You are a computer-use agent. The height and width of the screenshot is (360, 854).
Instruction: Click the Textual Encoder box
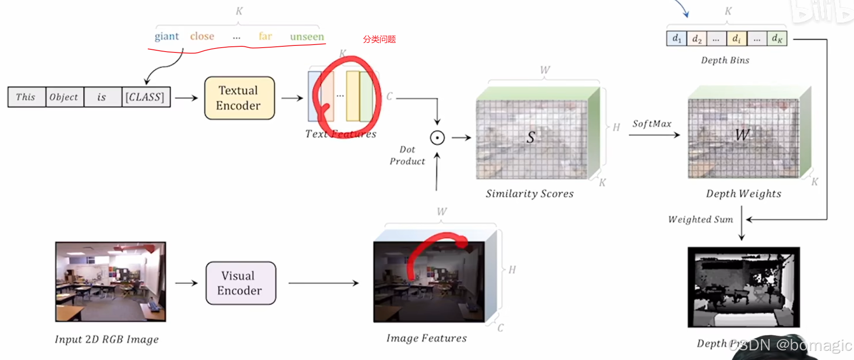click(239, 98)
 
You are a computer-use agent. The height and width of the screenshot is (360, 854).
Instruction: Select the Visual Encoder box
click(240, 283)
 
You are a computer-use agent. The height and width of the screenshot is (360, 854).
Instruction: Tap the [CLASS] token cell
click(145, 97)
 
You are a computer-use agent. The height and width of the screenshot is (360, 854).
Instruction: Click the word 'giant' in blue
click(167, 36)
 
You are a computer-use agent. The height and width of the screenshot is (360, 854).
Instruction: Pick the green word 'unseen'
click(307, 37)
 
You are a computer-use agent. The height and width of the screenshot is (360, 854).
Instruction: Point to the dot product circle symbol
click(437, 138)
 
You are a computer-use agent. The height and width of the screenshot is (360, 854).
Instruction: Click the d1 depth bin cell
click(677, 38)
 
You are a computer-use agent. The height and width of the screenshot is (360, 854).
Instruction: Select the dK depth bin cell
click(777, 38)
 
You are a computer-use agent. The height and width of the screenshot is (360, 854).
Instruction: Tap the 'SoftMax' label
click(652, 124)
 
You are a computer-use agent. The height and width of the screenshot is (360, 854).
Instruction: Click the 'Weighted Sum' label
click(700, 219)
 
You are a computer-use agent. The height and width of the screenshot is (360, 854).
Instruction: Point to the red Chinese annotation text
click(379, 39)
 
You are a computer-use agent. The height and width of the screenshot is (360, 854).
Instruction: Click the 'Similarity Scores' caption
click(529, 194)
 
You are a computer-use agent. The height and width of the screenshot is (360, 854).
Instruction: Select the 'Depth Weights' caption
click(743, 194)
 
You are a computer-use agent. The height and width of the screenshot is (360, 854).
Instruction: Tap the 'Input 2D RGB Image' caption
click(107, 339)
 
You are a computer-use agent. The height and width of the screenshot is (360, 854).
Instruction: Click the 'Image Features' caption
click(426, 338)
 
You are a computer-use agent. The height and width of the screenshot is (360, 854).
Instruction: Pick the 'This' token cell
click(26, 97)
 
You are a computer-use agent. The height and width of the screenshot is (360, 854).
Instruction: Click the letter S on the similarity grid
click(531, 137)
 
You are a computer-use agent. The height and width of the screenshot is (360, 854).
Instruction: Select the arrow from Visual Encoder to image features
click(323, 283)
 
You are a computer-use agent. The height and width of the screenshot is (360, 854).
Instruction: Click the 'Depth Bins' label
click(725, 60)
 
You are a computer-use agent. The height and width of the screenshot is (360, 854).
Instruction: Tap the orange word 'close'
click(202, 36)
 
